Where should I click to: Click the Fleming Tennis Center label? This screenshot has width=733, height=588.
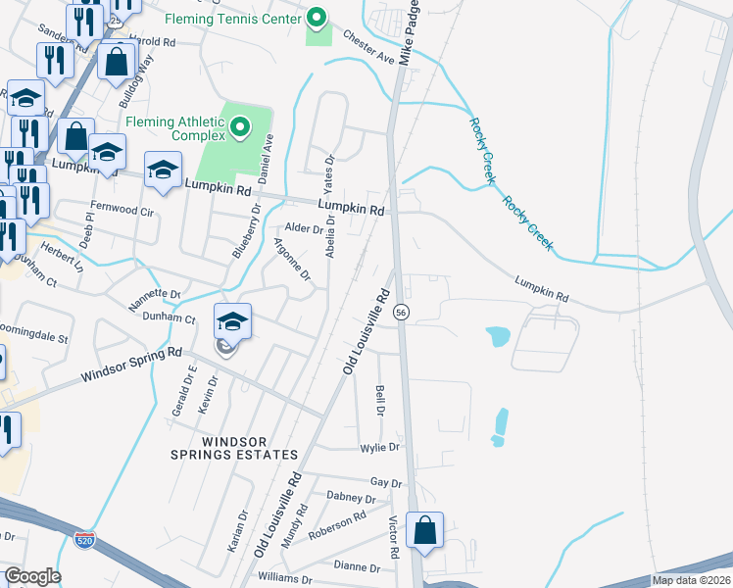(230, 19)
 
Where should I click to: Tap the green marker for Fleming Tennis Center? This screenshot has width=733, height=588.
(317, 19)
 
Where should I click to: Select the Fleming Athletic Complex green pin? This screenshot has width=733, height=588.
(239, 127)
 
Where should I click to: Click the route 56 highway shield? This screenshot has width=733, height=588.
(402, 312)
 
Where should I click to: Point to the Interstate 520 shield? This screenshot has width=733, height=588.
(85, 539)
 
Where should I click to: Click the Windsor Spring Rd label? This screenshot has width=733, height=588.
(131, 363)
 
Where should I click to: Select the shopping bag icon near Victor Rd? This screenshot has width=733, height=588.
(424, 531)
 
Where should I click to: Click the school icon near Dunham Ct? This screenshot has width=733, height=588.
(232, 321)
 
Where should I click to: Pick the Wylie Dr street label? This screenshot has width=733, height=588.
(381, 447)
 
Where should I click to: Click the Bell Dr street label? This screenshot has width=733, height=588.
(380, 400)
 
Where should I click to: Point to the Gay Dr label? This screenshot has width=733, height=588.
(386, 483)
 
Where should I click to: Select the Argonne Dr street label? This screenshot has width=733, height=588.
(292, 260)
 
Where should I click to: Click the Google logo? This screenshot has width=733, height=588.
(32, 576)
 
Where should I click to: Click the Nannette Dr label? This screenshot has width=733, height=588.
(156, 294)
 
